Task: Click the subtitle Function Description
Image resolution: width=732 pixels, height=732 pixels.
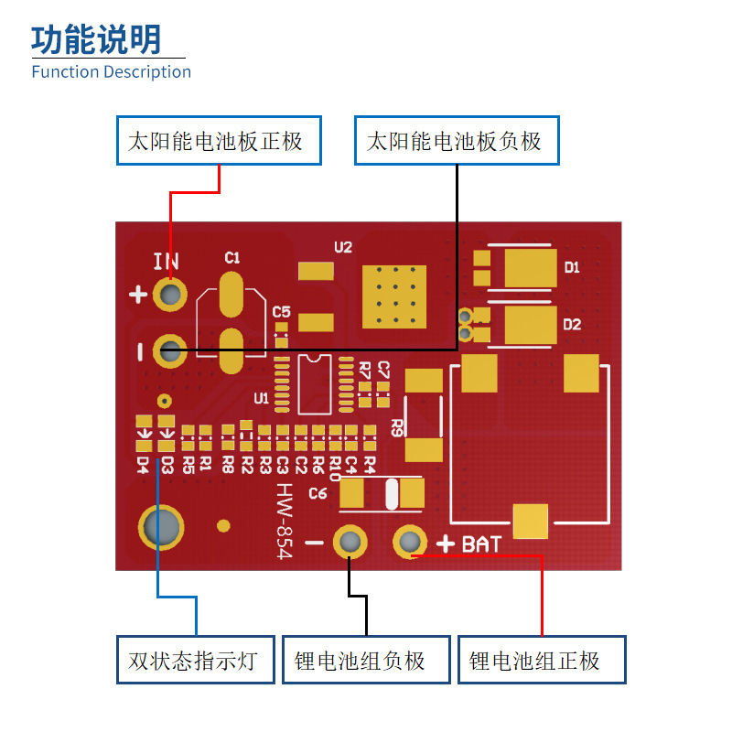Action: pos(111,71)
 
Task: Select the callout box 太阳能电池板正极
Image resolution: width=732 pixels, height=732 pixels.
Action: pos(219,141)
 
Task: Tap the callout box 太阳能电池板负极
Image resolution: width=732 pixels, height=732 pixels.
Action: pos(456,141)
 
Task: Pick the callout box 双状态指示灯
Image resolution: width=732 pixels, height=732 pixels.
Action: pos(196,659)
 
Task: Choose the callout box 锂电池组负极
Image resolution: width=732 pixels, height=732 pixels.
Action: pos(366,659)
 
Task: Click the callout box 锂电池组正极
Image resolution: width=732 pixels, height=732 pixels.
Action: pos(542,659)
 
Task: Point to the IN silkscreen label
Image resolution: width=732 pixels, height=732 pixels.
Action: pos(167,263)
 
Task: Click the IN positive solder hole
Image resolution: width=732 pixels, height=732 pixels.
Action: pos(170,294)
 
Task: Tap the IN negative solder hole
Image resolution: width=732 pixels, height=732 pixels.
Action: pos(170,350)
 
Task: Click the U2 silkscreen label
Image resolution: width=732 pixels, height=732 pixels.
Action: pos(343,247)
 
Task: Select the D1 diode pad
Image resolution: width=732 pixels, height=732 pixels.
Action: pos(530,268)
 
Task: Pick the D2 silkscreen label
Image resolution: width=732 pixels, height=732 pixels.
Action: pos(572,325)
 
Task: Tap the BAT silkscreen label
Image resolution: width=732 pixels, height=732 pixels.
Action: pos(481,544)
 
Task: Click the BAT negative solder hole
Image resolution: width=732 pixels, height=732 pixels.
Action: pos(350,542)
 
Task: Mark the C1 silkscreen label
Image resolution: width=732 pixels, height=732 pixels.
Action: pos(232,258)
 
